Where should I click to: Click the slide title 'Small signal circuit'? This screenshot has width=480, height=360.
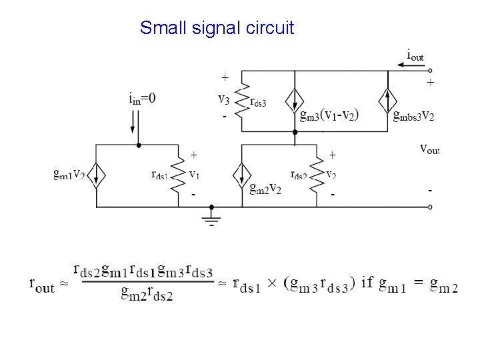pyautogui.click(x=217, y=28)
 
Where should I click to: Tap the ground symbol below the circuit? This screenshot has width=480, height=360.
pyautogui.click(x=212, y=219)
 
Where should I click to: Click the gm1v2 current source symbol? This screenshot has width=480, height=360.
pyautogui.click(x=97, y=175)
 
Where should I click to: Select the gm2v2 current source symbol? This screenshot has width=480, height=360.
pyautogui.click(x=241, y=175)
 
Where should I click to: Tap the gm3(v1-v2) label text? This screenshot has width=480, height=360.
pyautogui.click(x=329, y=115)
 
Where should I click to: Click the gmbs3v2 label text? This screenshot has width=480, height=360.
pyautogui.click(x=414, y=115)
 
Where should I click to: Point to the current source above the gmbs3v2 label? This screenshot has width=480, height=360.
pyautogui.click(x=388, y=100)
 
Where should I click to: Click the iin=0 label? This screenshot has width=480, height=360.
pyautogui.click(x=142, y=99)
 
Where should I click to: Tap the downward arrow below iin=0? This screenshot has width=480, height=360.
pyautogui.click(x=133, y=122)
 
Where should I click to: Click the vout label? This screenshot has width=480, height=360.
pyautogui.click(x=429, y=147)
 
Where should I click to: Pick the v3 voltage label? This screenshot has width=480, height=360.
pyautogui.click(x=225, y=99)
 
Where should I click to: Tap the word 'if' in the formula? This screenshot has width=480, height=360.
pyautogui.click(x=367, y=283)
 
